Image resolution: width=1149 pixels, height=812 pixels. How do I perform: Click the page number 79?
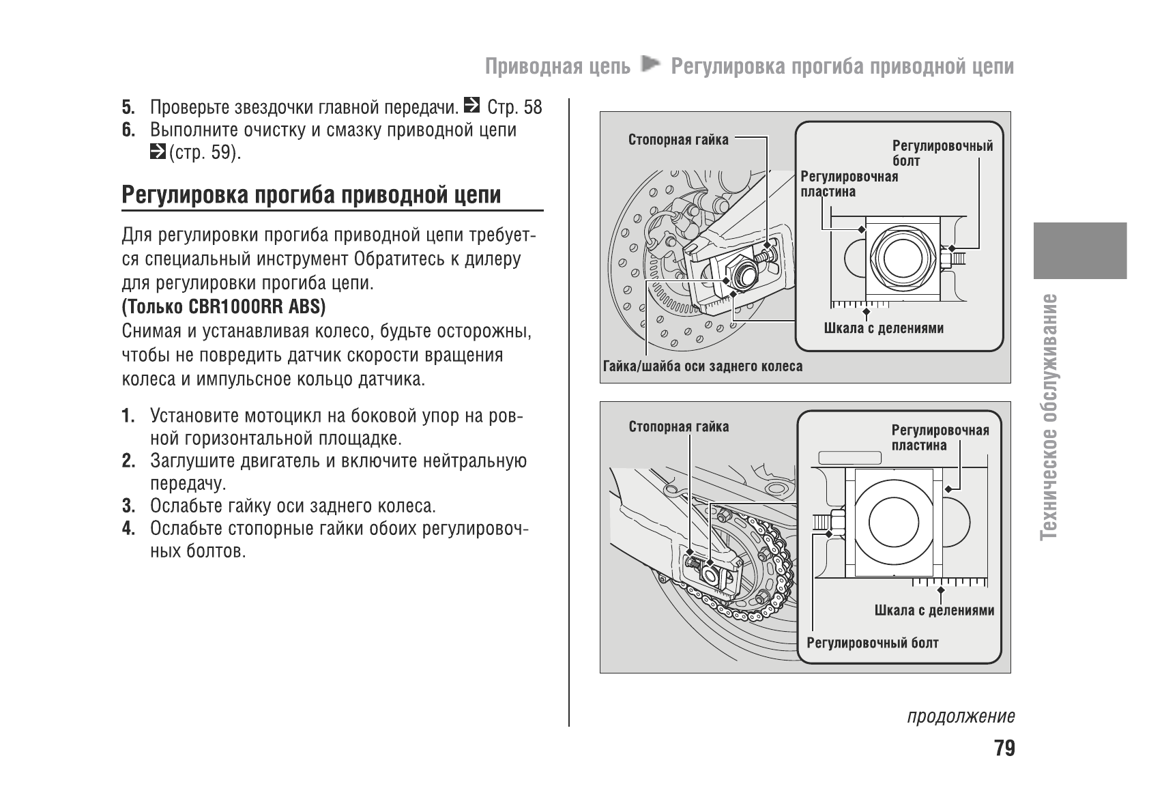click(1004, 749)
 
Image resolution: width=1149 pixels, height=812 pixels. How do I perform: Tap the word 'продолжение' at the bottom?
click(961, 716)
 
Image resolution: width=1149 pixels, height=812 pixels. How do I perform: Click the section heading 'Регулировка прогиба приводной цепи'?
click(311, 195)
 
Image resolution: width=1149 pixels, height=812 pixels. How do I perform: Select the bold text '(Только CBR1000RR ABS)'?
click(224, 307)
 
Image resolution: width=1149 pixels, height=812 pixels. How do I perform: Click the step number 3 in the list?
click(128, 506)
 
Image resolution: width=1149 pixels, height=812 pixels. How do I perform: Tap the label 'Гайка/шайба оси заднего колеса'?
click(703, 366)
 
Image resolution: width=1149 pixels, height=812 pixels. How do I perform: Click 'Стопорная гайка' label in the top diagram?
click(678, 140)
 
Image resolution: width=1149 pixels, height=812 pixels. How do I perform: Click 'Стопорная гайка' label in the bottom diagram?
click(678, 427)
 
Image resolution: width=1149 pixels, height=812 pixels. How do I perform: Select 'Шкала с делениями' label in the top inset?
click(884, 328)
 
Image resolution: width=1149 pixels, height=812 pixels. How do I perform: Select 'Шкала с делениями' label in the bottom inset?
click(934, 611)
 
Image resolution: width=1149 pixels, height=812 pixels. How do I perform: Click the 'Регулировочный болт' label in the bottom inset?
click(873, 643)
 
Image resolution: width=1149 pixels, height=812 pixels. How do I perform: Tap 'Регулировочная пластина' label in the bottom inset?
click(940, 437)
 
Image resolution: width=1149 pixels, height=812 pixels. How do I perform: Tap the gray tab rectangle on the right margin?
click(1079, 250)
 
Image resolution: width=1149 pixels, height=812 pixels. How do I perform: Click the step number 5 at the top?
click(128, 108)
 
